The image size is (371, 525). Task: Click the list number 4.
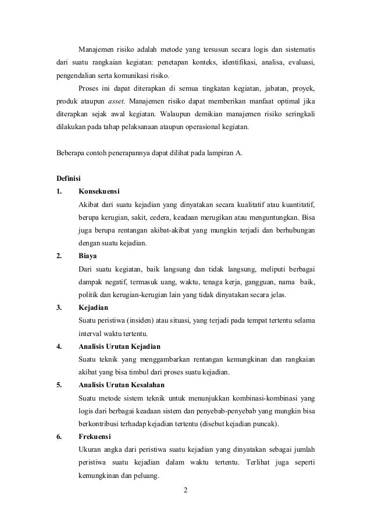point(59,347)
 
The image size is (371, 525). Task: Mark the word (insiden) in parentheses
point(139,320)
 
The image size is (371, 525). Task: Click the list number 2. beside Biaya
point(59,255)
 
